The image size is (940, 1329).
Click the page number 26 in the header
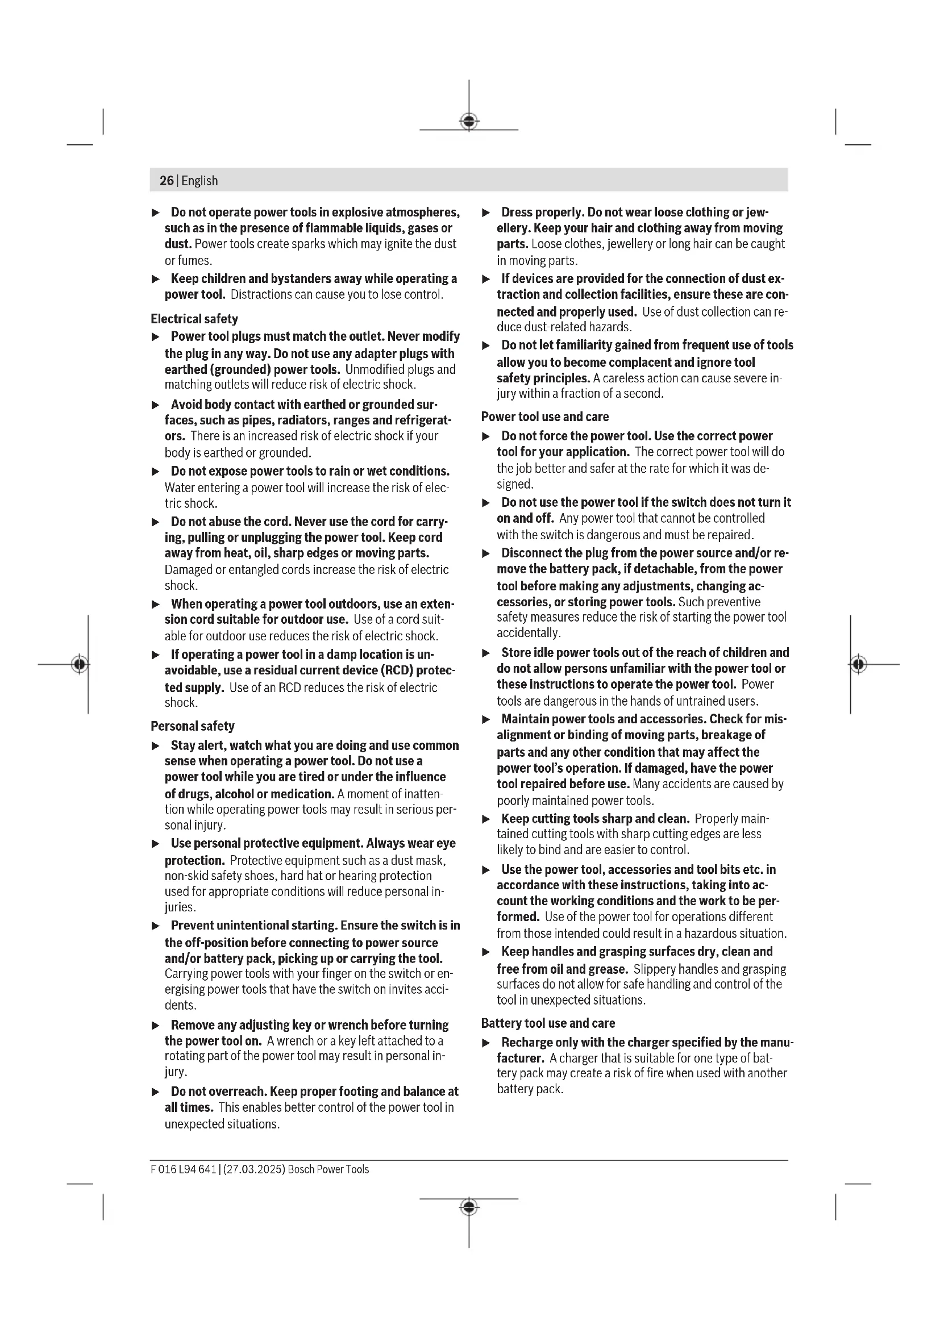[166, 181]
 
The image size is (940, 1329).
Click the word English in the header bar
[199, 181]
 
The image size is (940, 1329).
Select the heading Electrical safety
[194, 319]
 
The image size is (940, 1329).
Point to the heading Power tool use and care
[544, 416]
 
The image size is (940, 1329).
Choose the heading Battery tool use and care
[547, 1023]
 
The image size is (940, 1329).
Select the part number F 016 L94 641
[183, 1169]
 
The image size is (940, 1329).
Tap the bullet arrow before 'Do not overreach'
[155, 1091]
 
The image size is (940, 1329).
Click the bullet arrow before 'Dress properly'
[486, 213]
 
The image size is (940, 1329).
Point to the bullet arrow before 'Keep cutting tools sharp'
[486, 819]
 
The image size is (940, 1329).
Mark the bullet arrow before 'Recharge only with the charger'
[486, 1043]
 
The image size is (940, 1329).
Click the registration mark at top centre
[469, 122]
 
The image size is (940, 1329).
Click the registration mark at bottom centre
[469, 1207]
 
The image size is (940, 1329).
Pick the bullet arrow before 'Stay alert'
[155, 745]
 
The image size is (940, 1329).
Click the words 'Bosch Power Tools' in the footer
[328, 1169]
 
